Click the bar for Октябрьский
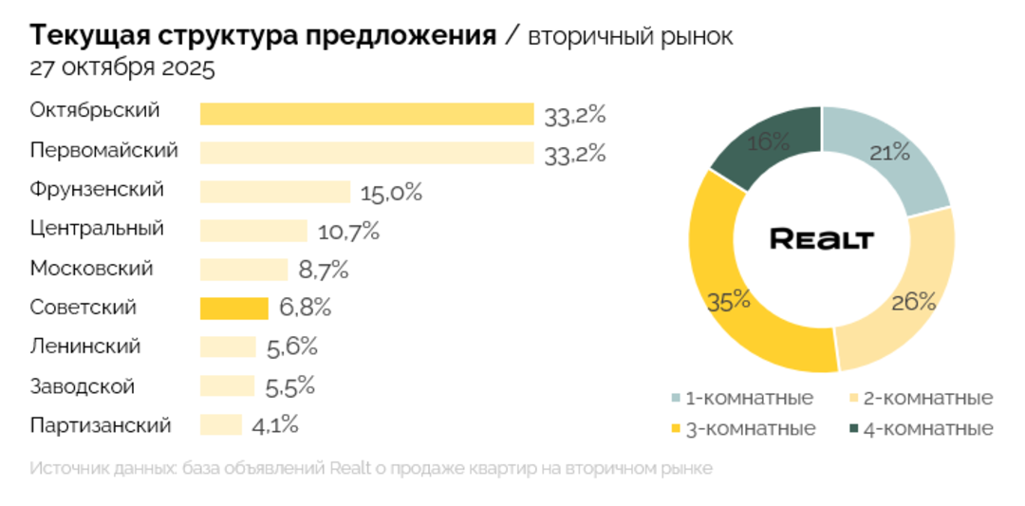point(366,114)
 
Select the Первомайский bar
point(366,153)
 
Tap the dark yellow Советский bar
point(233,309)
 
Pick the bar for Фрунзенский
point(275,192)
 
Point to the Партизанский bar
point(221,425)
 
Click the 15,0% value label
point(391,193)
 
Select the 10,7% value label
point(348,231)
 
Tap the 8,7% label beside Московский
point(324,270)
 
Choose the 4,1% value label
point(275,425)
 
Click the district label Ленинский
point(85,347)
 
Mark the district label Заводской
point(83,386)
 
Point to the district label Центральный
point(97,229)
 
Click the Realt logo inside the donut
point(821,239)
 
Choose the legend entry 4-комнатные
point(921,428)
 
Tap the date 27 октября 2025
point(122,69)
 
